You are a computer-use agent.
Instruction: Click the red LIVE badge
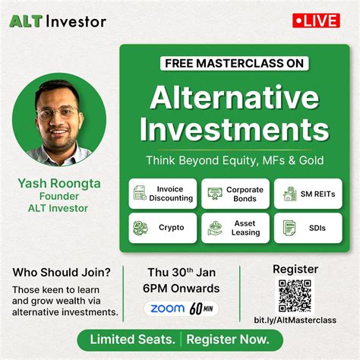click(x=316, y=21)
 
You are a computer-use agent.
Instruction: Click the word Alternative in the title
click(x=235, y=97)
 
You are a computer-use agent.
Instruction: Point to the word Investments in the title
click(x=235, y=129)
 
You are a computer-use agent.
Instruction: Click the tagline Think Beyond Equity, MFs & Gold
click(x=235, y=160)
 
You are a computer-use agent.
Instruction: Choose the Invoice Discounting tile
click(x=163, y=193)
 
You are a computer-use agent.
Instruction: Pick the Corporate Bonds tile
click(x=235, y=193)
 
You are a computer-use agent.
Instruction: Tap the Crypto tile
click(x=163, y=228)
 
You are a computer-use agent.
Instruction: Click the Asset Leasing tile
click(x=235, y=228)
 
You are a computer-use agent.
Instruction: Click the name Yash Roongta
click(x=59, y=183)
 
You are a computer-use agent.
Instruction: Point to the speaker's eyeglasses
click(x=56, y=113)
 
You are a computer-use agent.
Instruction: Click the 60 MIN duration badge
click(x=203, y=308)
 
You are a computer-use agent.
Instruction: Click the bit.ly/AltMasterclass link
click(x=294, y=320)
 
